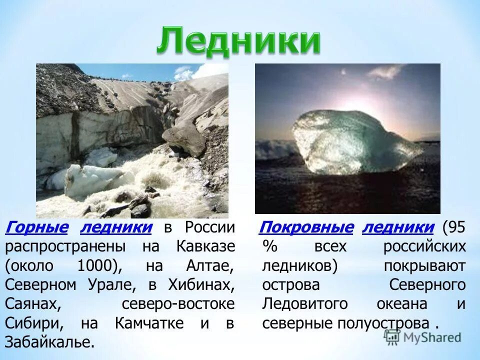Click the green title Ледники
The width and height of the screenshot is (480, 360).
pos(238,41)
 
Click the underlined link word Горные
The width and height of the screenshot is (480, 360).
pos(36,228)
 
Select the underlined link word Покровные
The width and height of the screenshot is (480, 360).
pos(306,228)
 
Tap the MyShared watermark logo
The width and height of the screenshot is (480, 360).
pos(422,337)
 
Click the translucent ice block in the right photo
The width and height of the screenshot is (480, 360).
pos(350,142)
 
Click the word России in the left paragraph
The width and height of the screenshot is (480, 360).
pos(209,228)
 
